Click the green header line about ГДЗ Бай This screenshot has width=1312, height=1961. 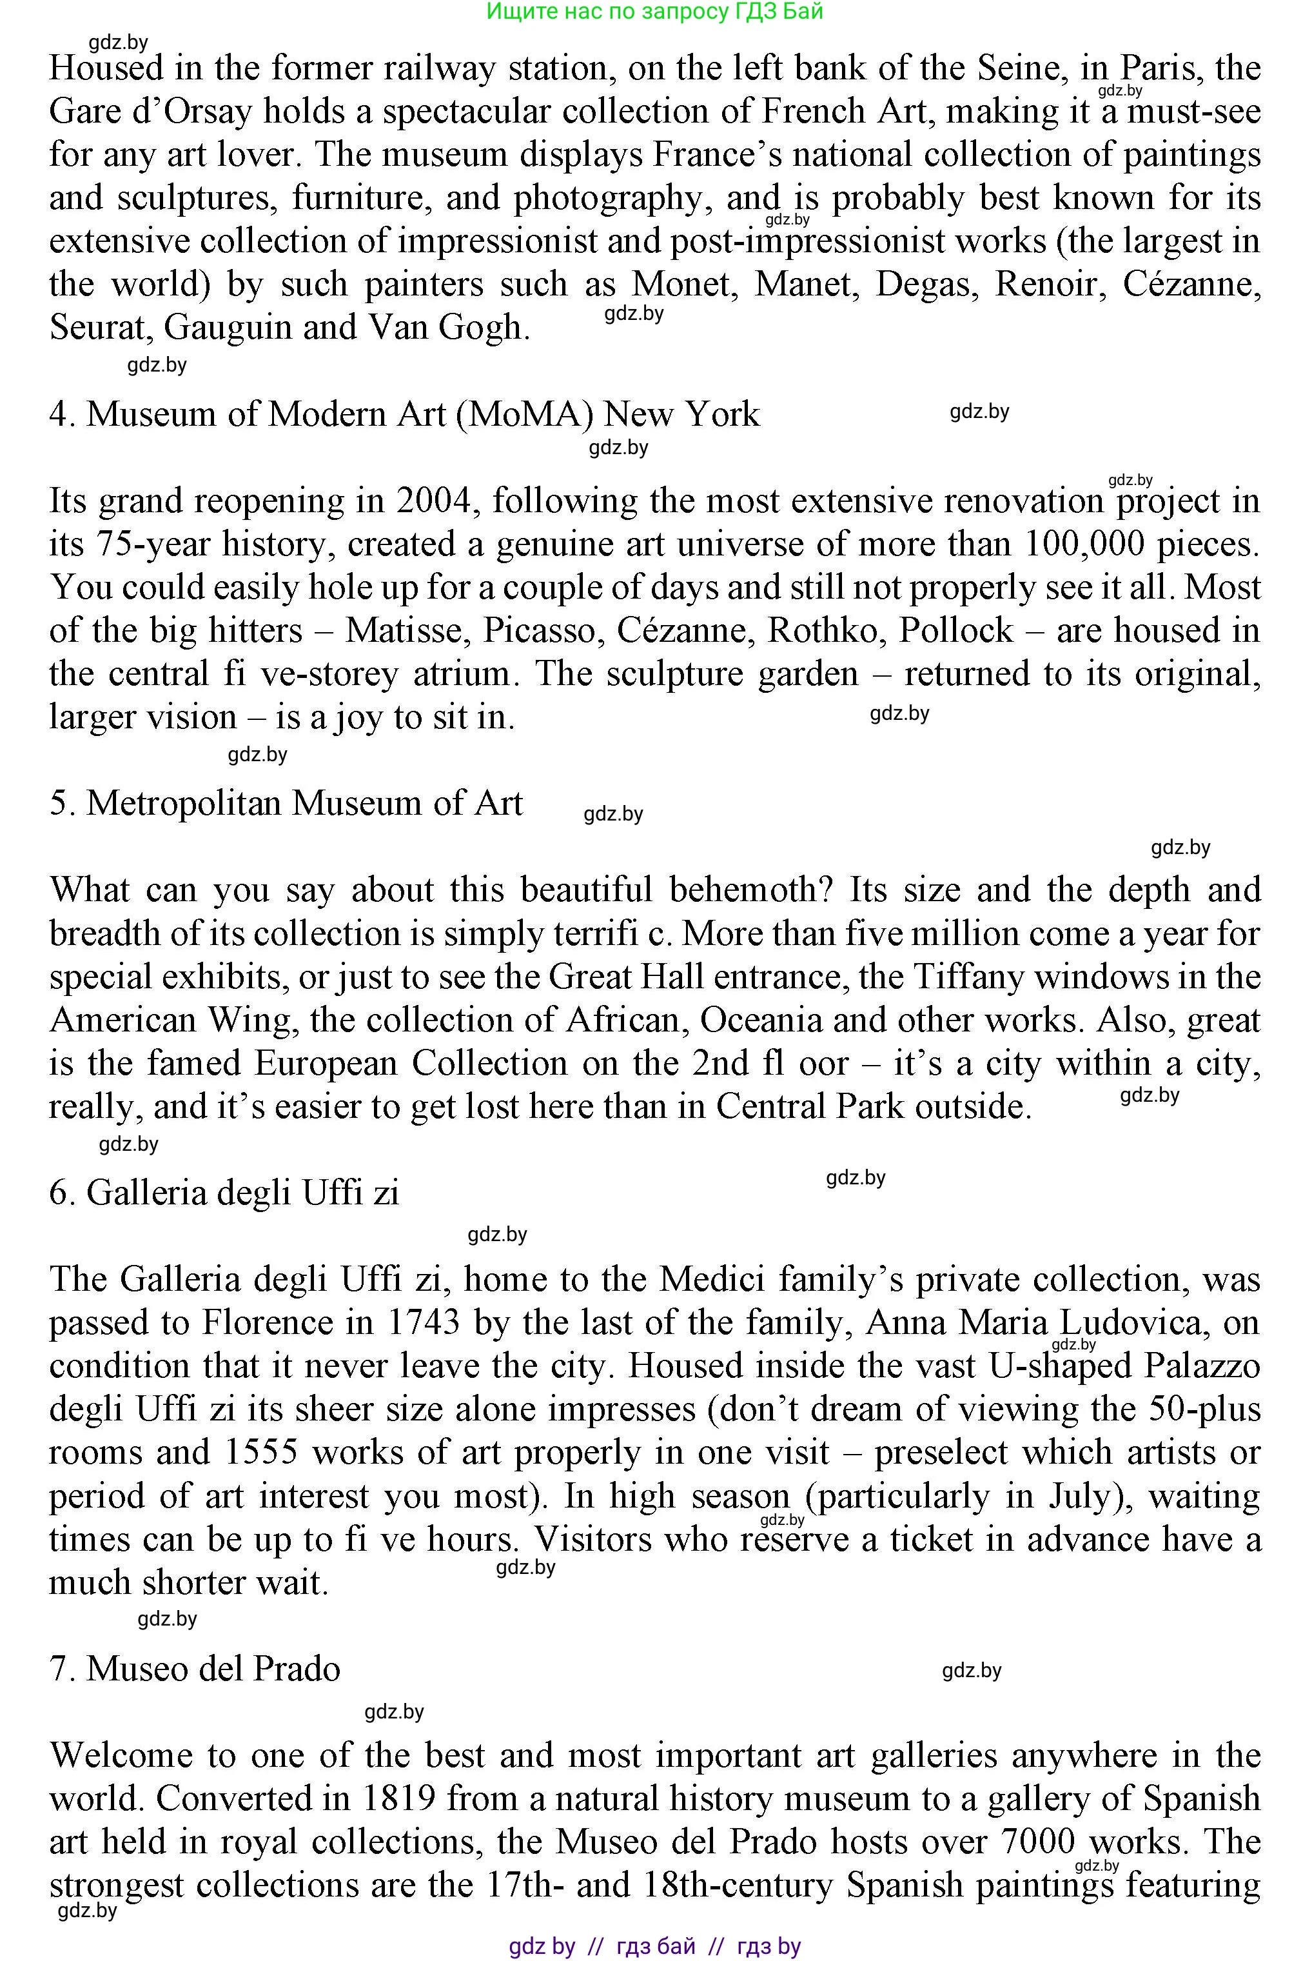coord(654,11)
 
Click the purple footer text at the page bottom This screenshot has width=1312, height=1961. coord(654,1947)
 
